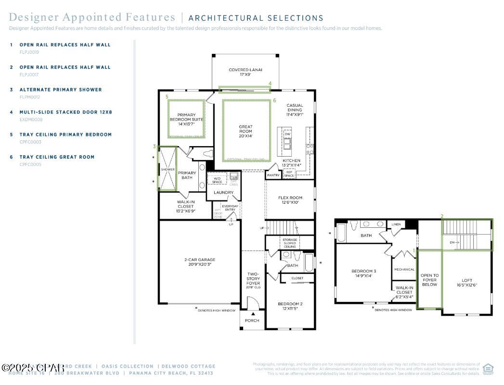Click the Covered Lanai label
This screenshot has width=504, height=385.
tap(246, 73)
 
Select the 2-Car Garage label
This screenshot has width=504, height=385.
tap(199, 262)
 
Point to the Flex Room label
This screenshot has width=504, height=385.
tap(290, 200)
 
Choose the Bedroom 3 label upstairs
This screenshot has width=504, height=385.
tap(363, 273)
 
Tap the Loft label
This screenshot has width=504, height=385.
tap(467, 283)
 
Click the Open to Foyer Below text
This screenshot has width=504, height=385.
tap(429, 280)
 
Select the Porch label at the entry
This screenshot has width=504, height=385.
tap(252, 321)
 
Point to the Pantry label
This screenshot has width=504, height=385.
tap(273, 175)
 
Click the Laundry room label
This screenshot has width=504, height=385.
tap(223, 192)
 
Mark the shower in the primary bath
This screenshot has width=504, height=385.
tap(168, 170)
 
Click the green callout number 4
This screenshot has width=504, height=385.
tap(270, 84)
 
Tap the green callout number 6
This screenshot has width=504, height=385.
tap(274, 101)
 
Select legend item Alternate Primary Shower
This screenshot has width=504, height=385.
tap(61, 89)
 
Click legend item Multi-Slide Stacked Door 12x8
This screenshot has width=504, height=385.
tap(65, 112)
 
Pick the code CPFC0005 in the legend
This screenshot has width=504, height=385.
tap(30, 164)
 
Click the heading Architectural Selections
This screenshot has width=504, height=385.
tap(256, 18)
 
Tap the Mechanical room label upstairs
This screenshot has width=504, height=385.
tap(404, 270)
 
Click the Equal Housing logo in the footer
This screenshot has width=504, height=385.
tap(488, 368)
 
